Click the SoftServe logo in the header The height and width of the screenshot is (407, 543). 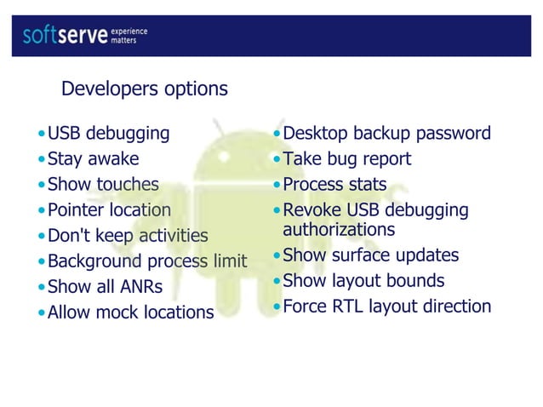pos(65,35)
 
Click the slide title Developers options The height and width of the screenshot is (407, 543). pos(145,89)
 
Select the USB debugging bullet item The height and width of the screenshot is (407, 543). pos(108,134)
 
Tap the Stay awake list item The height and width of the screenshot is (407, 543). pos(93,159)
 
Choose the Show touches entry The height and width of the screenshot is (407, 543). pos(103,185)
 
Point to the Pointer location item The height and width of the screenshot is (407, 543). pos(109,210)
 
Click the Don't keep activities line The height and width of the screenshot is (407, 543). pos(128,236)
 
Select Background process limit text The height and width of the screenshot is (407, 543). pos(146,261)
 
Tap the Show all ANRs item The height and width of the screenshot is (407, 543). pos(106,287)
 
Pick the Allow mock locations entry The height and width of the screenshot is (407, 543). pos(130,312)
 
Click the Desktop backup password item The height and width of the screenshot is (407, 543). pos(386,134)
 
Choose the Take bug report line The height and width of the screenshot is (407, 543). pos(346,159)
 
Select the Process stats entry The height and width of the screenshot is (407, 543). pos(334,185)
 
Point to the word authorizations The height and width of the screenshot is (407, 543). pos(339,230)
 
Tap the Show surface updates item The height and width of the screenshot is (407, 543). pos(370,255)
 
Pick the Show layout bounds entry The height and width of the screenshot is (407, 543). pos(363,281)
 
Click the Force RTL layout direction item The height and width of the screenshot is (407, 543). pos(386,307)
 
